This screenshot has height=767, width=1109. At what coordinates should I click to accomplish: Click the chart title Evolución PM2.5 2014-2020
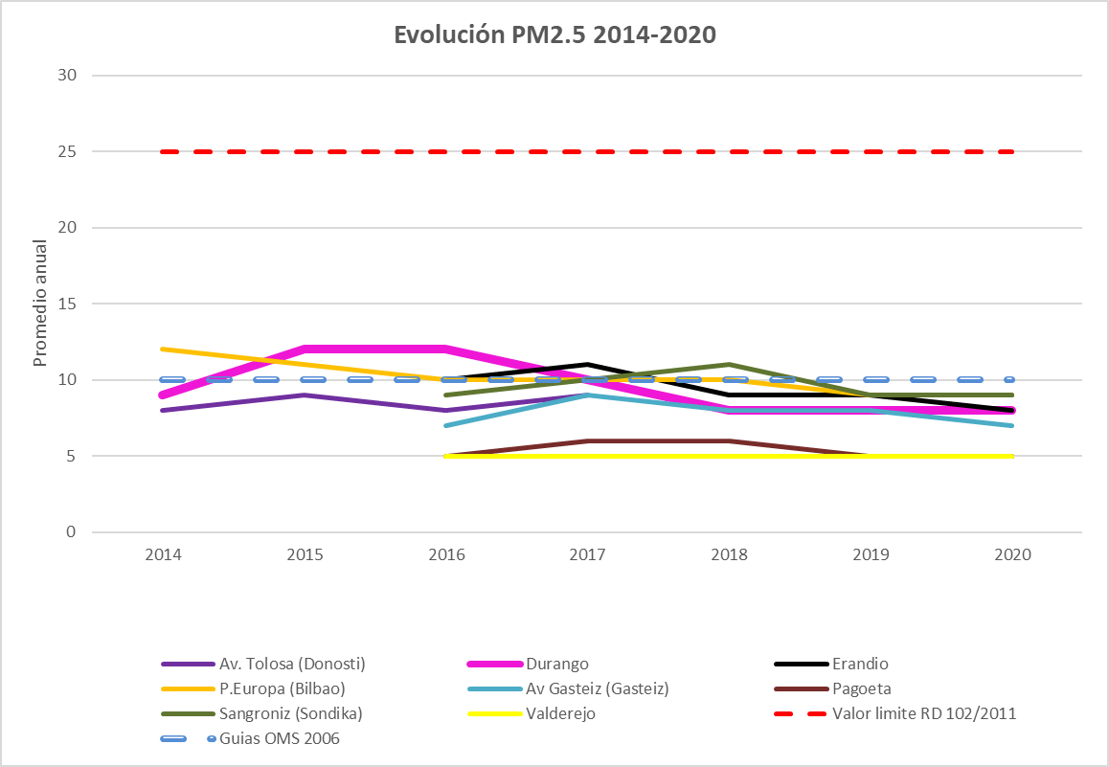coord(555,35)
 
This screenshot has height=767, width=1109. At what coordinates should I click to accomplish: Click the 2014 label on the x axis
coord(163,554)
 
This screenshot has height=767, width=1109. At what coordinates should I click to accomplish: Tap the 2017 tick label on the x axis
coord(587,554)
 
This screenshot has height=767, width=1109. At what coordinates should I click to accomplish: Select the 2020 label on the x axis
coord(1012,554)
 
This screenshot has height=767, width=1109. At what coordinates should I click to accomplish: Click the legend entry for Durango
coord(557,664)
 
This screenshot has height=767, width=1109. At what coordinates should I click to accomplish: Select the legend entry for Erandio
coord(860,664)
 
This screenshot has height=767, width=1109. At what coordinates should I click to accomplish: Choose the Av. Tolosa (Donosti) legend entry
coord(292,664)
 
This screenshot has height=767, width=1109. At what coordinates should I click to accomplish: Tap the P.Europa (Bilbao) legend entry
coord(282,688)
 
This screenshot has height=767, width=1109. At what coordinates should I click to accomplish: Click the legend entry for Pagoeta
coord(863,688)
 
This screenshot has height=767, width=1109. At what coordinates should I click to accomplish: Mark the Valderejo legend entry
coord(561,713)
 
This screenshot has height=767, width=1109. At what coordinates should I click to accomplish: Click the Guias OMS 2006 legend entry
coord(279,738)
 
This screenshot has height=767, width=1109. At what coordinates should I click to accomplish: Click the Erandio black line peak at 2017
coord(587,365)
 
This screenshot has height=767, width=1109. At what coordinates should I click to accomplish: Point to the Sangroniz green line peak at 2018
coord(729,365)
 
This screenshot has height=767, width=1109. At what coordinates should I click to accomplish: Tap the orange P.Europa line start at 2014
coord(163,350)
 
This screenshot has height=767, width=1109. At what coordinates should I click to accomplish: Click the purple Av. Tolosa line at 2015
coord(305,395)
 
